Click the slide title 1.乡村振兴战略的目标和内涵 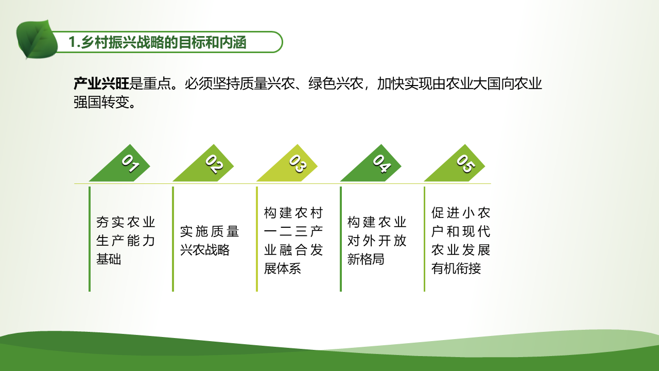(x=157, y=42)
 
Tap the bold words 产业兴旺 (x=101, y=83)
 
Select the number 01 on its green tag (x=131, y=163)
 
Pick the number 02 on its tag (x=214, y=164)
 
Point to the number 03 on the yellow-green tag (x=298, y=163)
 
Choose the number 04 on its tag (x=382, y=163)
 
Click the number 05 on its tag (x=465, y=163)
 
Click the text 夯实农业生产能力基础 (x=126, y=241)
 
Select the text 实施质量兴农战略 (x=210, y=241)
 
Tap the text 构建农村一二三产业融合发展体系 (x=293, y=241)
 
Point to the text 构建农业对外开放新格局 (x=377, y=241)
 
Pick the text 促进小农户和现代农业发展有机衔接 (x=461, y=241)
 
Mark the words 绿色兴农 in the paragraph (x=336, y=83)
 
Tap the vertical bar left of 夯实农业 (x=90, y=239)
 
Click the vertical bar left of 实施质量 (x=173, y=239)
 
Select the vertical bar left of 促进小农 (x=425, y=239)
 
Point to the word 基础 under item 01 (x=109, y=259)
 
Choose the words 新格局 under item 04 (x=366, y=259)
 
